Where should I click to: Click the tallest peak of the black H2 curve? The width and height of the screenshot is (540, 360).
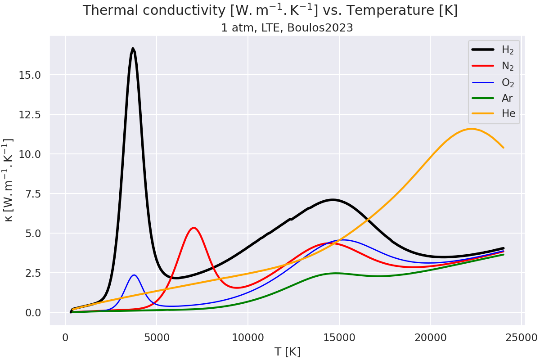click(x=133, y=49)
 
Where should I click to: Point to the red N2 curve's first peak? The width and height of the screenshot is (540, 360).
click(x=193, y=228)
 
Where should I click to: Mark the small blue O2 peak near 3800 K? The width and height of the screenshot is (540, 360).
click(x=134, y=275)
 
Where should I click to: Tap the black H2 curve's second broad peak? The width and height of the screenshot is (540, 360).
click(x=333, y=199)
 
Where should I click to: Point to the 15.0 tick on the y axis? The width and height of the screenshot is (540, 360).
click(x=30, y=75)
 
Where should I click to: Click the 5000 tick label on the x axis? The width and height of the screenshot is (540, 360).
click(x=157, y=337)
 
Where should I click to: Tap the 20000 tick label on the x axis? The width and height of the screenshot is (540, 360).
click(x=430, y=337)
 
